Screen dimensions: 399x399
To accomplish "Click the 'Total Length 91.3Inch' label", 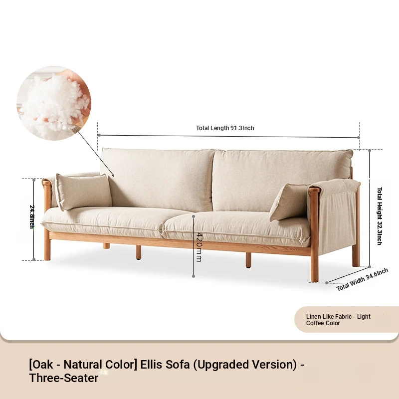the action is click(x=225, y=128).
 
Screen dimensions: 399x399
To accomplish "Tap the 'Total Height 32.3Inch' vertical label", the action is click(x=380, y=216).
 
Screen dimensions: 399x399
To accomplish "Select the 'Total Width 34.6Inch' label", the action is click(x=362, y=279).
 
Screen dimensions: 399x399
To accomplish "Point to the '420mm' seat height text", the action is click(x=199, y=247).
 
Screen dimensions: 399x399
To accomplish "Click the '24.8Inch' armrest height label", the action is click(x=32, y=216).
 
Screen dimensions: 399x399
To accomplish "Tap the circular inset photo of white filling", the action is click(x=54, y=103).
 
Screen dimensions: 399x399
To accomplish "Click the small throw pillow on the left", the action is click(x=83, y=192).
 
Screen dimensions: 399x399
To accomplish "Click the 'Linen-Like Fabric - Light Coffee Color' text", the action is click(x=338, y=320).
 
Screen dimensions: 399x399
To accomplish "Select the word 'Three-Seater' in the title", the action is click(x=64, y=378).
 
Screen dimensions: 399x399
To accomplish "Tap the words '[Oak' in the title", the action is click(x=41, y=365).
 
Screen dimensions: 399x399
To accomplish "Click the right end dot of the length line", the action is click(x=359, y=138).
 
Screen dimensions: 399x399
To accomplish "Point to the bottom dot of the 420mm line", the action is click(x=194, y=276).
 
